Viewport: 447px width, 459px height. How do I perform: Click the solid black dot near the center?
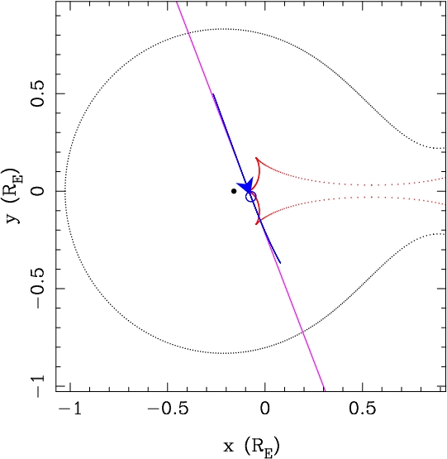234,191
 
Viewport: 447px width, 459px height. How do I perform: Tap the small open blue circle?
250,197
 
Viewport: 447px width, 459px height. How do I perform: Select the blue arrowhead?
246,185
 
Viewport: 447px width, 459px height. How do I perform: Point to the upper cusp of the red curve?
256,158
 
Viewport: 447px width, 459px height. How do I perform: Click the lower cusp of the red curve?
256,224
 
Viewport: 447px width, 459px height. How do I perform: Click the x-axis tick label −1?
70,409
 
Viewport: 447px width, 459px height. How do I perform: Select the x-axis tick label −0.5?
168,409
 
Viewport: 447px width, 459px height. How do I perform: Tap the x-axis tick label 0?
264,409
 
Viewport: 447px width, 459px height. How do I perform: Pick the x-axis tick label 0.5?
362,409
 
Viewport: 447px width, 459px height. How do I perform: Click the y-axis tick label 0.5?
38,93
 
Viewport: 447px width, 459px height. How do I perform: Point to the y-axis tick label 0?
38,191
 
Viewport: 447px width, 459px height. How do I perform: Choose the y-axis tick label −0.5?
38,289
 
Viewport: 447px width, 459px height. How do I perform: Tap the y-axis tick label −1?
38,386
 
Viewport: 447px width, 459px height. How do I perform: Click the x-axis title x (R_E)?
251,447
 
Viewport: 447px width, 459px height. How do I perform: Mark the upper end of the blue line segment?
213,94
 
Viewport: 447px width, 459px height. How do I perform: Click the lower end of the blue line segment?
281,263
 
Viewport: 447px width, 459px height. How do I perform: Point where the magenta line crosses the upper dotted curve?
189,34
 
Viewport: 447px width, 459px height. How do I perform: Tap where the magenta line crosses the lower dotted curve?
303,332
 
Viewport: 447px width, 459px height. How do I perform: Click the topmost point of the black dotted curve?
223,29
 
